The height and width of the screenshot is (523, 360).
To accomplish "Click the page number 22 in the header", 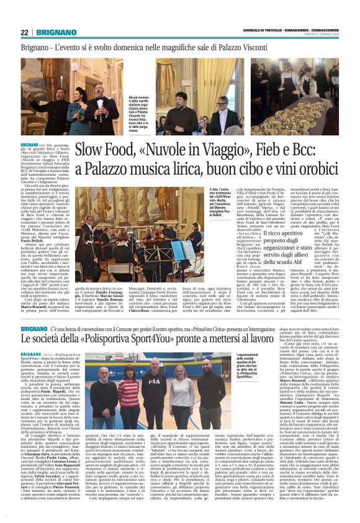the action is point(25,32).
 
